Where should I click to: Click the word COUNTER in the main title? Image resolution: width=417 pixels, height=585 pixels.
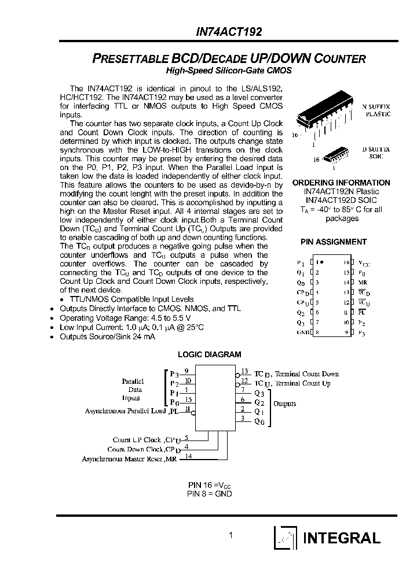click(x=338, y=58)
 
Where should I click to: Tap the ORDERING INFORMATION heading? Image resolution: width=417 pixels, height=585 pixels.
click(x=341, y=183)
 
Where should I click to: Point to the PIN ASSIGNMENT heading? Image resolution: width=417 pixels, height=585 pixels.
click(x=333, y=242)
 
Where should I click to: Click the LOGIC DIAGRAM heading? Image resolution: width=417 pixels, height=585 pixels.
click(x=209, y=354)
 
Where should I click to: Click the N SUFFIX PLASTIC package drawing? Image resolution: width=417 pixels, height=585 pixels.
click(x=323, y=119)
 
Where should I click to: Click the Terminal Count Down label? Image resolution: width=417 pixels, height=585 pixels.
click(x=306, y=374)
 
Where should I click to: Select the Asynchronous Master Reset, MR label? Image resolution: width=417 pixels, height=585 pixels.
click(x=130, y=458)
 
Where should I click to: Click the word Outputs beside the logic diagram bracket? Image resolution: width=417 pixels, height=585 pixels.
click(x=284, y=403)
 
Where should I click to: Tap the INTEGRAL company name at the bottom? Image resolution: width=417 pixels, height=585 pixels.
click(x=342, y=538)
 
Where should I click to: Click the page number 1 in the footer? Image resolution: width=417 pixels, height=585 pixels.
click(x=231, y=535)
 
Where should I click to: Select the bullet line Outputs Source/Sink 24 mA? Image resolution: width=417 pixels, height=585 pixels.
click(x=107, y=336)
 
